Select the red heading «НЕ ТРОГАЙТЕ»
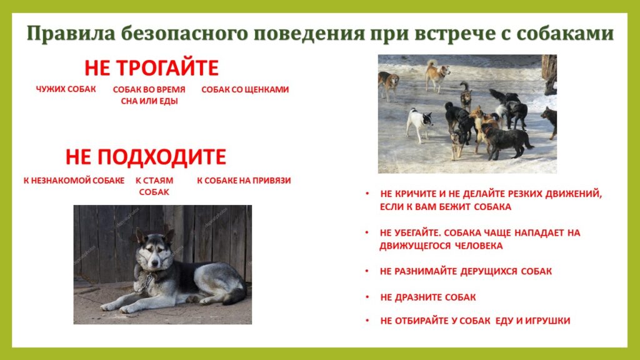tap(151, 67)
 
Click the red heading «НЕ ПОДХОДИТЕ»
tap(146, 157)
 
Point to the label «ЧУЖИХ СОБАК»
tap(66, 89)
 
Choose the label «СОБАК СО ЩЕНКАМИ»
tap(245, 89)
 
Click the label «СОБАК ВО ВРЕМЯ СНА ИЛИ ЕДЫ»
tap(149, 95)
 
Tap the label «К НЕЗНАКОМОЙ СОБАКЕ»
tap(74, 181)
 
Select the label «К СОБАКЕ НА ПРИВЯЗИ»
tap(244, 181)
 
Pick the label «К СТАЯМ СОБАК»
tap(154, 186)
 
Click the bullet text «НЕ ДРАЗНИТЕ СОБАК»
tap(427, 297)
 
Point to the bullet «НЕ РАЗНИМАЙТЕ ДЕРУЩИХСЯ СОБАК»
tap(466, 271)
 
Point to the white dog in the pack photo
tap(418, 123)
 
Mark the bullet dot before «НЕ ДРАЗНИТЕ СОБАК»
tap(367, 297)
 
